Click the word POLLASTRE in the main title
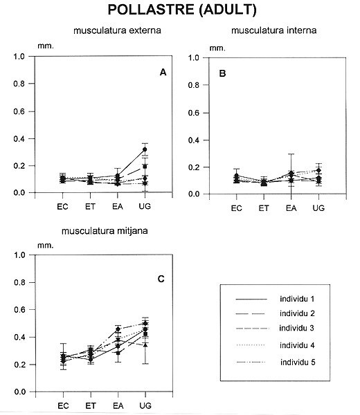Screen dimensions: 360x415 (151, 10)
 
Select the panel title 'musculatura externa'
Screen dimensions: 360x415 (117, 30)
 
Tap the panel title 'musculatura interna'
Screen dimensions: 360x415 (274, 30)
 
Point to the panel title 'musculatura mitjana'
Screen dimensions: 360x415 (105, 231)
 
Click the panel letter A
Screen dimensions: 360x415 (163, 72)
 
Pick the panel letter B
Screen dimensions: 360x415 (222, 73)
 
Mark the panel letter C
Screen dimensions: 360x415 (161, 279)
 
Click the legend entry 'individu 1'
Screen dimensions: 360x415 (297, 299)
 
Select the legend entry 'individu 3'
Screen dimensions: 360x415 (297, 328)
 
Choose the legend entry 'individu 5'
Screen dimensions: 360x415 (298, 362)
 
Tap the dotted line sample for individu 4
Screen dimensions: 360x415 (251, 345)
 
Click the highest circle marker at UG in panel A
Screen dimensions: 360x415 (145, 149)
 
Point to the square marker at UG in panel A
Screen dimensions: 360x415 (145, 167)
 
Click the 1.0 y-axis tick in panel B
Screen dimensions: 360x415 (193, 57)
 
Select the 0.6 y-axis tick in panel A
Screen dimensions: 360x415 (19, 111)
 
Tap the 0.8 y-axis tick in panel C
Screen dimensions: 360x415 (19, 282)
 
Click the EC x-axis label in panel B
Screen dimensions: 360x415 (236, 208)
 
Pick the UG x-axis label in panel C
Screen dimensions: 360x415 (145, 405)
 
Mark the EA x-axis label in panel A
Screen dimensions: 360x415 (118, 206)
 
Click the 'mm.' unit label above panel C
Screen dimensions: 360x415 (46, 246)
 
